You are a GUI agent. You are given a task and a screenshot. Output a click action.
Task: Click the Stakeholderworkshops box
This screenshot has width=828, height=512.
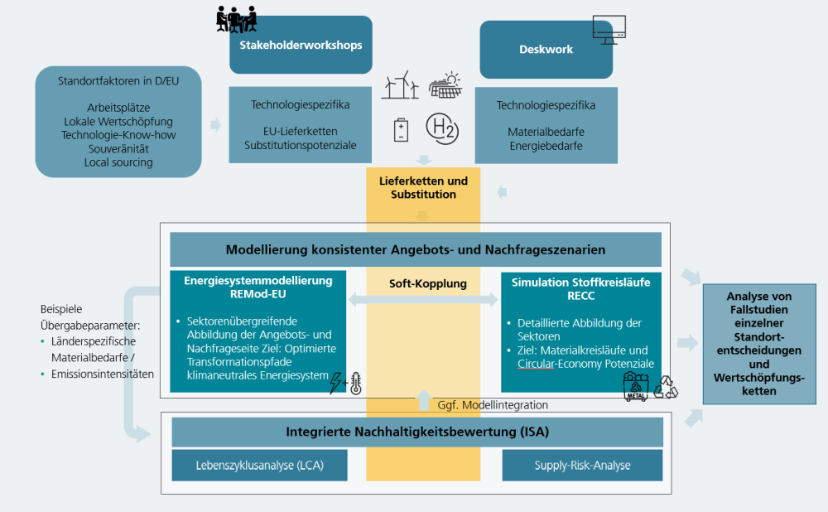coord(301,45)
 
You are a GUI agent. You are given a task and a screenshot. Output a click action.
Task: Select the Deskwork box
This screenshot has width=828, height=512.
coord(546,50)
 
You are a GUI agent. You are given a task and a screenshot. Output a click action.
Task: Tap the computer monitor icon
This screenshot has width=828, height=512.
coord(609,30)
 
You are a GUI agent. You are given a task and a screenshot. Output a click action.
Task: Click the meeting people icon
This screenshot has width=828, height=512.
coord(236,20)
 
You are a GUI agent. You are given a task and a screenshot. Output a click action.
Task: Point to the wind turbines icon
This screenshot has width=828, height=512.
coord(400,85)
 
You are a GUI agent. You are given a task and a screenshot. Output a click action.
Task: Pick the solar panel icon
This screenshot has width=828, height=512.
coord(445,85)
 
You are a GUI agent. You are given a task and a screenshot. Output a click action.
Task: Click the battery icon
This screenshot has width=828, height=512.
coord(402,129)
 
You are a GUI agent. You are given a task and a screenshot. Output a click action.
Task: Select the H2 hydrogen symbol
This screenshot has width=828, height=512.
coord(442,128)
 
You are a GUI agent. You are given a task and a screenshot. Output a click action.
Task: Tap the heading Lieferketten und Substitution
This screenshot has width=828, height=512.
coord(423,187)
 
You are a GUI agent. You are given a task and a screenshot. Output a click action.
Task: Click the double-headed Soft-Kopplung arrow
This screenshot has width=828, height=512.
coord(423,300)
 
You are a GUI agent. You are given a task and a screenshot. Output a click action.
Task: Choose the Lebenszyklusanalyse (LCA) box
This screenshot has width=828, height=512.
coord(259,466)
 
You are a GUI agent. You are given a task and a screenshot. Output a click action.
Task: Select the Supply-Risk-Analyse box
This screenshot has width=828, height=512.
coord(582,466)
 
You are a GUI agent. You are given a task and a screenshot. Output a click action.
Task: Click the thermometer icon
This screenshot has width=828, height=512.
coord(356,384)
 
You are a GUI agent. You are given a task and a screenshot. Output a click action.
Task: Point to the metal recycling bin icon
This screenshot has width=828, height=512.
coord(636,387)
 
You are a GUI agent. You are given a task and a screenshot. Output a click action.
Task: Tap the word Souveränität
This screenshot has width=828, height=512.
coord(118,149)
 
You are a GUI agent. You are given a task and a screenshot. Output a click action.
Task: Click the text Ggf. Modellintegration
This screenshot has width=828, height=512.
coord(493,405)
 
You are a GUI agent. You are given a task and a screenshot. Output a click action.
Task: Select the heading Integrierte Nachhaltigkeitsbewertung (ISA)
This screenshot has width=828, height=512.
coord(417,432)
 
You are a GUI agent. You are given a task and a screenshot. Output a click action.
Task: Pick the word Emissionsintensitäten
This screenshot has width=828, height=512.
coord(103,374)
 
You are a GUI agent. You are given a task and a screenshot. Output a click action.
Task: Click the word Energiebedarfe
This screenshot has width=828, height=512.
coord(546,146)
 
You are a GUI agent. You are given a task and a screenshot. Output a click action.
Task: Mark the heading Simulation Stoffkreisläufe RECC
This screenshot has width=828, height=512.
coord(581,289)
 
